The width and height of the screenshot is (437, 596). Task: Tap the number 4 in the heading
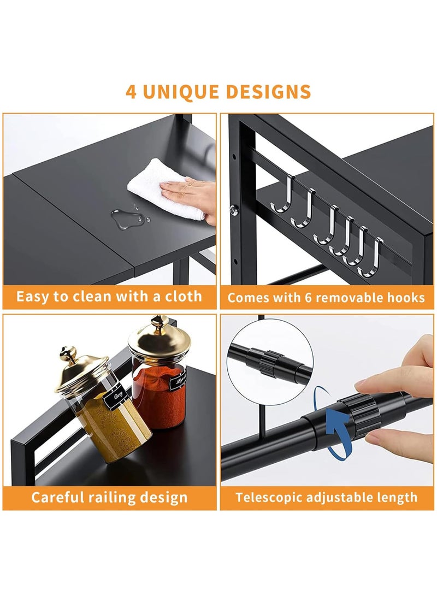pyautogui.click(x=131, y=91)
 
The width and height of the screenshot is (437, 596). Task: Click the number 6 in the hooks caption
pyautogui.click(x=309, y=298)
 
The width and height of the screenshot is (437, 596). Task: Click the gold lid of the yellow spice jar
pyautogui.click(x=81, y=371)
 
